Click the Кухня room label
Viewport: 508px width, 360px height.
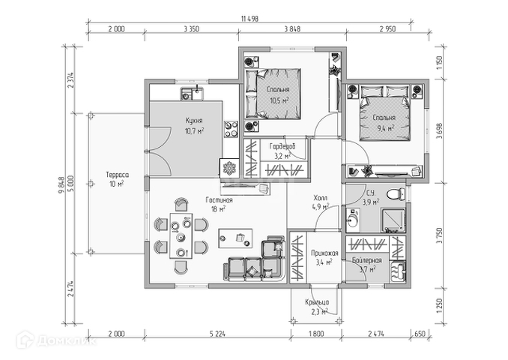click(x=194, y=119)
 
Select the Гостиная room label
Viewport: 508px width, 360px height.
click(x=220, y=200)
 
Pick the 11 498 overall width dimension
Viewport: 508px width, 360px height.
click(x=250, y=18)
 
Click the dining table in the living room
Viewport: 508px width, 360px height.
click(x=180, y=235)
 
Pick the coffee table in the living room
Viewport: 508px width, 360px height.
click(x=238, y=238)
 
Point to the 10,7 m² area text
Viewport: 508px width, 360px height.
click(x=194, y=130)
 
